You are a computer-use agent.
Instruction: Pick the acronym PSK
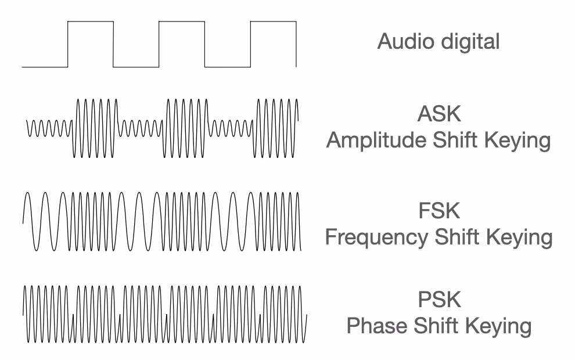(439, 300)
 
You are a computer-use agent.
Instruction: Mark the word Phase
(378, 326)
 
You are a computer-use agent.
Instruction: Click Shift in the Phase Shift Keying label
(437, 326)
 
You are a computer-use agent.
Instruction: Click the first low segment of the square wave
(45, 66)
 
